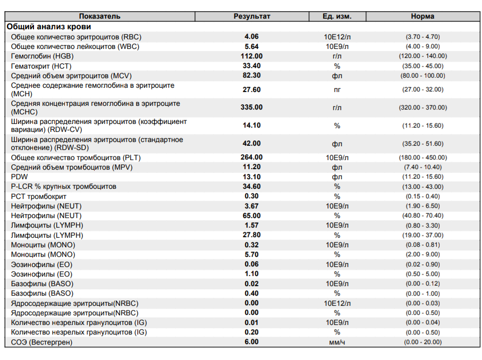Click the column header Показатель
(x=99, y=16)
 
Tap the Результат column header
(x=252, y=16)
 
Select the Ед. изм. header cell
(x=337, y=16)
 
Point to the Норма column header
(x=422, y=16)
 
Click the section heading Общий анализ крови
(x=49, y=27)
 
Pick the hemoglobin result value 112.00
(x=251, y=56)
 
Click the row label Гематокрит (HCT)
(x=41, y=66)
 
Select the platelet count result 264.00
(x=251, y=157)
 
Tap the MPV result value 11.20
(x=251, y=167)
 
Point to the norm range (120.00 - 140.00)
(x=423, y=56)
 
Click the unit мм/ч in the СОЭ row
(x=337, y=342)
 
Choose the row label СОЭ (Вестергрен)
(x=41, y=342)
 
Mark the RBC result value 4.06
(x=251, y=37)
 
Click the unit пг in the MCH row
(x=337, y=90)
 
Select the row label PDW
(x=19, y=177)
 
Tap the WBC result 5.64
(x=251, y=46)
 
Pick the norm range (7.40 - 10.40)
(x=423, y=167)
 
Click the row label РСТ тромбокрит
(x=38, y=196)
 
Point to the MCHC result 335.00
(x=251, y=107)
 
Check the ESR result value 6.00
(x=251, y=342)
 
